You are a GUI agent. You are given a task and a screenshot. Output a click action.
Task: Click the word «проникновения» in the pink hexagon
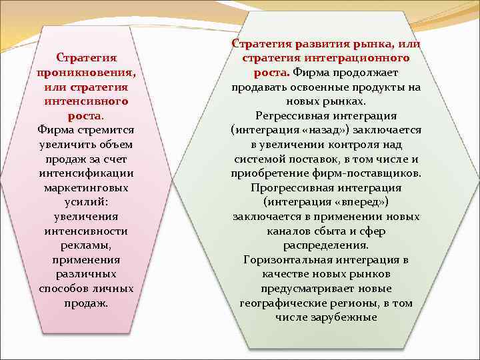pos(87,73)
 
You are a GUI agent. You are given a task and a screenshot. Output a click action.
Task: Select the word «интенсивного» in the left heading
pos(87,101)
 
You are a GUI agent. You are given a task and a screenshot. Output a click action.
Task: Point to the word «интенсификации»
pos(87,173)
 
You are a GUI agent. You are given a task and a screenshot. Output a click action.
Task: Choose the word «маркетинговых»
pos(87,188)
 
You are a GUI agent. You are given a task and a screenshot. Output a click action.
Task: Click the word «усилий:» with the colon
pos(87,202)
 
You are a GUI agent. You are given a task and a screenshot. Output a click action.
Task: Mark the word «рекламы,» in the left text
pos(87,245)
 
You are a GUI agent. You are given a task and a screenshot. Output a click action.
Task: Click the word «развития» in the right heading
pos(317,43)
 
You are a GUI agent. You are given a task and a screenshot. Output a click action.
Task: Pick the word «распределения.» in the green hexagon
pos(327,245)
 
